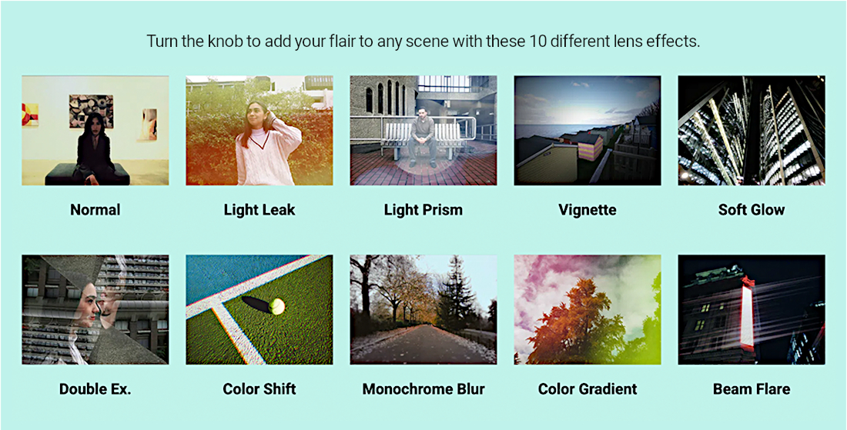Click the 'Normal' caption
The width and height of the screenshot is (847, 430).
pos(95,210)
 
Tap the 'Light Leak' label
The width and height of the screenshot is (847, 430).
pos(259,210)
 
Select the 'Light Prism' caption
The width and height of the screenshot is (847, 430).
pos(423,210)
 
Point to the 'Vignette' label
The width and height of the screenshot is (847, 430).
pos(588,210)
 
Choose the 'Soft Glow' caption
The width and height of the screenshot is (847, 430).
pos(752,210)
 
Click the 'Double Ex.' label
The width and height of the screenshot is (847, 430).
pos(95,389)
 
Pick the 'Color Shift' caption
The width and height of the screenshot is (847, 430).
pos(259,389)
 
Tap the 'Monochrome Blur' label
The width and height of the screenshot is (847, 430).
pos(423,389)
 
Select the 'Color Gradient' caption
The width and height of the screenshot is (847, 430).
pos(588,389)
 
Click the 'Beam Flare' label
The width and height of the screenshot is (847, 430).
pos(752,389)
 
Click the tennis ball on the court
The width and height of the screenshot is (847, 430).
pos(276,306)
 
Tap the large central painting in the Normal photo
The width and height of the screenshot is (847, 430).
pos(92,111)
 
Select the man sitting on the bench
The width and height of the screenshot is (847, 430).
pos(423,136)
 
